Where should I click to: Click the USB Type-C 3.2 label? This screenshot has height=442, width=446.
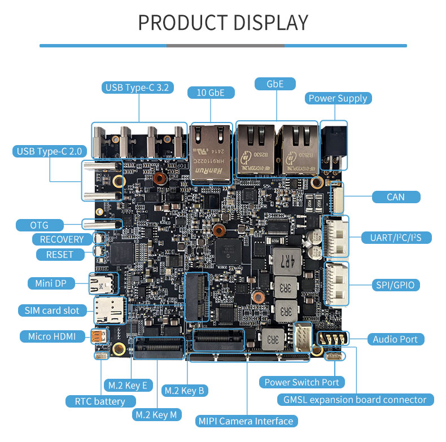click(x=138, y=87)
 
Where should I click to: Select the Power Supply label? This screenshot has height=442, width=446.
click(x=338, y=98)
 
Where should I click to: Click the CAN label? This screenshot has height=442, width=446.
click(x=396, y=197)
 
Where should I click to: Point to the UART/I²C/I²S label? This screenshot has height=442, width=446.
click(x=396, y=238)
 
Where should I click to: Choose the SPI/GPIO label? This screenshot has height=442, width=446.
click(x=395, y=285)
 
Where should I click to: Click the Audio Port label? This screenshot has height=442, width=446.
click(x=395, y=339)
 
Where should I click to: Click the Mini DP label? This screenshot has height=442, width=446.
click(x=51, y=283)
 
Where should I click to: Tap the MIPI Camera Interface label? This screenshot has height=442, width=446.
click(x=246, y=421)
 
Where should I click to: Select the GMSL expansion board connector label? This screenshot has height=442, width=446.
click(x=355, y=400)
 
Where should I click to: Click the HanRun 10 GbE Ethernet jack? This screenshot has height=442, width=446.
click(x=211, y=151)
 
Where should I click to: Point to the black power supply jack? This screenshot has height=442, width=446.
click(x=333, y=145)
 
